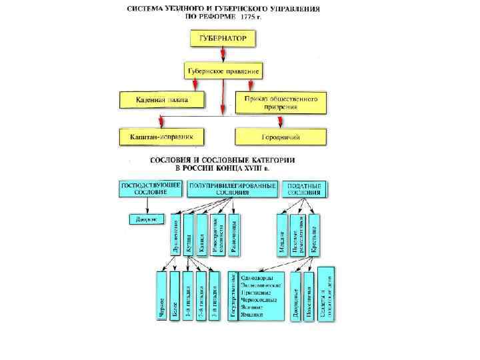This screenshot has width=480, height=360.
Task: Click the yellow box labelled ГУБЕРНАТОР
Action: click(223, 39)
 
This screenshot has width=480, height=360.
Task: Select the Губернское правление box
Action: click(223, 71)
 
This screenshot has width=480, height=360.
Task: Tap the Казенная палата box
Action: click(163, 100)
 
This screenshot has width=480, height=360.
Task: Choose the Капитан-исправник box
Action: click(162, 137)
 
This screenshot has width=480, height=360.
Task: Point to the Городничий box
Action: click(281, 137)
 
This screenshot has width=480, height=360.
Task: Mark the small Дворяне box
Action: click(144, 219)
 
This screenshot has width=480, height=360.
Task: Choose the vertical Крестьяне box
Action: click(314, 234)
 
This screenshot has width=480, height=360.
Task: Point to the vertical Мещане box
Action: click(281, 234)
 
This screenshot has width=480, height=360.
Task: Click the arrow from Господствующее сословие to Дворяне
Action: click(143, 205)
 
